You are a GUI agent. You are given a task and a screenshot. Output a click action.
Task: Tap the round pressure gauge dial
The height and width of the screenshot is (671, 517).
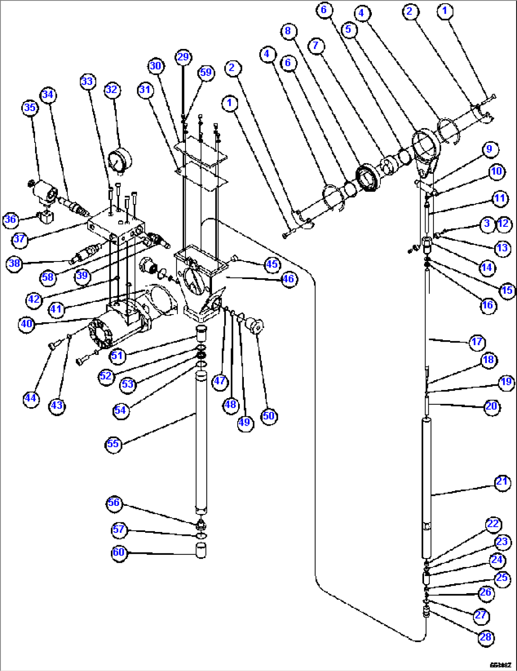[116, 161]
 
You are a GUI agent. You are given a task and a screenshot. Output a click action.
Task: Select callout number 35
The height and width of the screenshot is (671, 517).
[30, 108]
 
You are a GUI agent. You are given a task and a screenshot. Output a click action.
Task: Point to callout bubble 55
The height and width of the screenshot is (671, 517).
[113, 444]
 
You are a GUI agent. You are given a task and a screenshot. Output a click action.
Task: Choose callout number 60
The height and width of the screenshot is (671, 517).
[119, 552]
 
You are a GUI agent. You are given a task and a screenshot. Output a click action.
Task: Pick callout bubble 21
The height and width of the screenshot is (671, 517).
[502, 482]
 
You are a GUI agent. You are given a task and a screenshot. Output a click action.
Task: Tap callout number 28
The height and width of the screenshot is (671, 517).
[485, 637]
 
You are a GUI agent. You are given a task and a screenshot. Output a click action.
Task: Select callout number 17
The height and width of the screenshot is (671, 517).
[477, 342]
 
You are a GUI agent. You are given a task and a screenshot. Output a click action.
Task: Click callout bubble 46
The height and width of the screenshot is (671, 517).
[288, 279]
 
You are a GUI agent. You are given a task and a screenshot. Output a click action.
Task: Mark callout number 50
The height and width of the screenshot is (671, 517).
[268, 416]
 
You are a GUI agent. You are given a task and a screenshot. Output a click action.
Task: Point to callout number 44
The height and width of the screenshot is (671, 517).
[31, 398]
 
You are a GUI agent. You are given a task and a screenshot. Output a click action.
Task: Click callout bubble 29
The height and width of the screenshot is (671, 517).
[183, 57]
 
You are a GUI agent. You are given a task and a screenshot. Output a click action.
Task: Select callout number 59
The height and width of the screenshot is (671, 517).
[205, 73]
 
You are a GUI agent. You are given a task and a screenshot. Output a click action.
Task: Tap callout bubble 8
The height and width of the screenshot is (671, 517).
[288, 31]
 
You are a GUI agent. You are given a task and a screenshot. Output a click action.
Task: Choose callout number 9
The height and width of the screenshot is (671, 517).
[489, 149]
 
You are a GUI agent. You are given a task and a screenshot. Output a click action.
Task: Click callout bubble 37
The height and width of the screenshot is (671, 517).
[19, 239]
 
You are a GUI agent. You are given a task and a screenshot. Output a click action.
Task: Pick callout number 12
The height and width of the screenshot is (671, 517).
[503, 224]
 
